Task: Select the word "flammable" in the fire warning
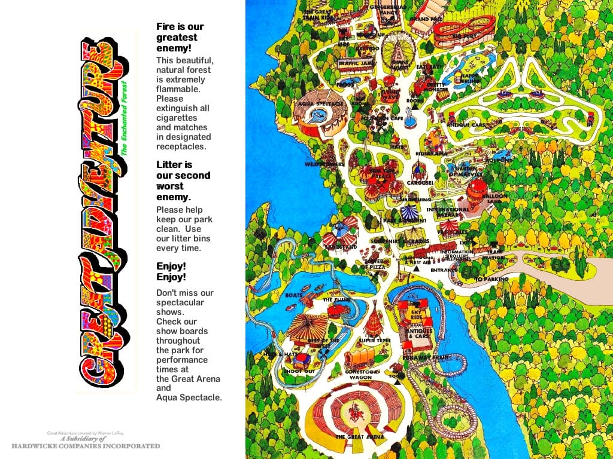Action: click(x=178, y=89)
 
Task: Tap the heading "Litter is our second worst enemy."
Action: click(x=183, y=180)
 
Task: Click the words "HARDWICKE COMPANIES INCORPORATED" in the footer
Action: click(x=86, y=446)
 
